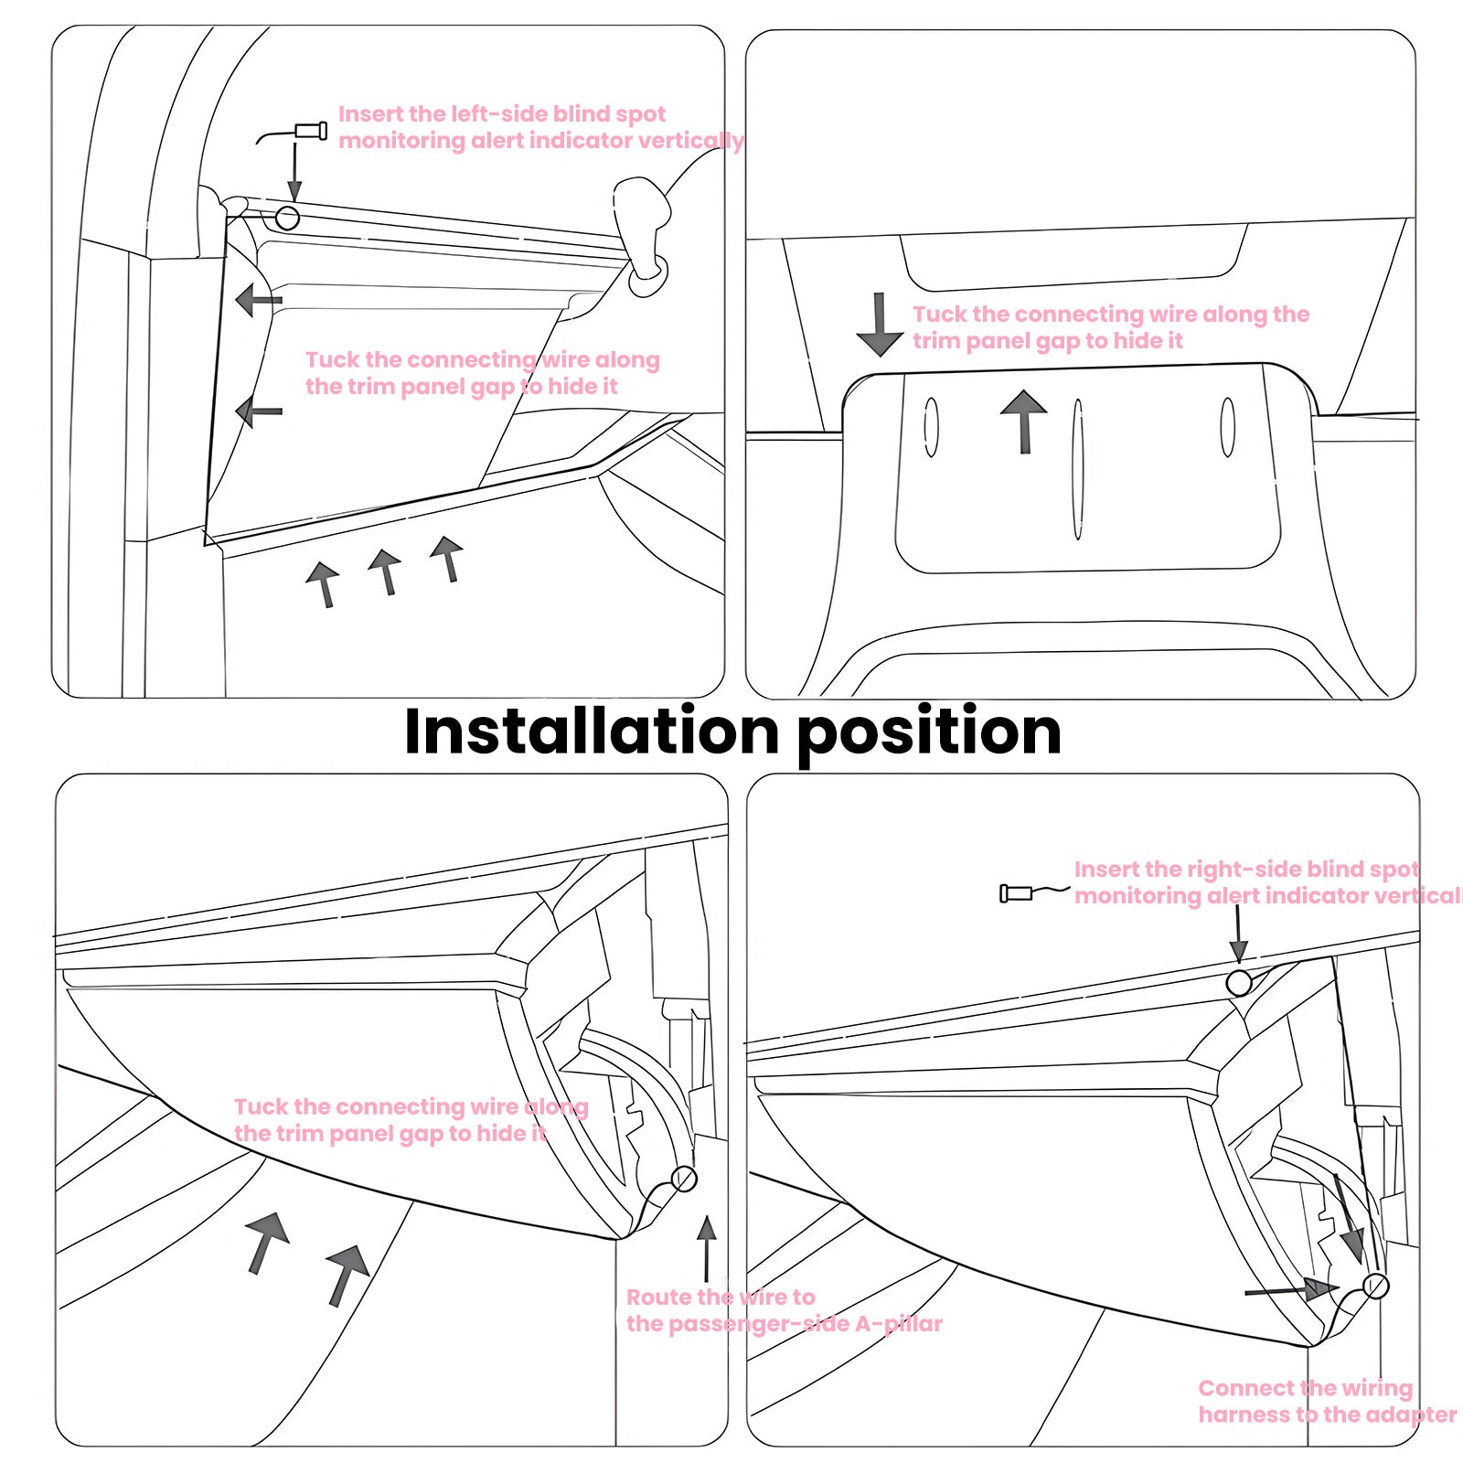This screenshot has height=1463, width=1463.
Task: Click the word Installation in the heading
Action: pyautogui.click(x=591, y=731)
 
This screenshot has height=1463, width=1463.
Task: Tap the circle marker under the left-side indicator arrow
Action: pyautogui.click(x=287, y=218)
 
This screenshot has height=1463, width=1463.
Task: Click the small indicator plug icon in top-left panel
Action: pyautogui.click(x=310, y=131)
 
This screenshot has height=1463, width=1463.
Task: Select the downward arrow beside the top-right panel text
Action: pyautogui.click(x=880, y=326)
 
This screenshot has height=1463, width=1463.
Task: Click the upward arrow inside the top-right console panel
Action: pyautogui.click(x=1024, y=421)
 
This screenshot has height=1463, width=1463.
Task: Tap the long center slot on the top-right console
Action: pyautogui.click(x=1078, y=469)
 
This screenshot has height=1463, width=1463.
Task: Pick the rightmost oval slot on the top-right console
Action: pyautogui.click(x=1228, y=427)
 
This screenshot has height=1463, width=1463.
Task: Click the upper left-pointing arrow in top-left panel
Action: pyautogui.click(x=258, y=300)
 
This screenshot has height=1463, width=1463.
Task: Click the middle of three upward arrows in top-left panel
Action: pyautogui.click(x=386, y=572)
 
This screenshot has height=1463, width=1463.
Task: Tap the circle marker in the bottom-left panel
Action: pyautogui.click(x=683, y=1179)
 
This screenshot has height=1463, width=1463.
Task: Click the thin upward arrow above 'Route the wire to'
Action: pyautogui.click(x=706, y=1249)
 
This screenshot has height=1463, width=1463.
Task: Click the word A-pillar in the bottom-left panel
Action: pyautogui.click(x=897, y=1323)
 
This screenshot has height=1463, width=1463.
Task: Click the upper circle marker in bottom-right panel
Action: pyautogui.click(x=1238, y=983)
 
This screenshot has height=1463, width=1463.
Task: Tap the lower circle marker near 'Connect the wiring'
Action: pyautogui.click(x=1375, y=1287)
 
